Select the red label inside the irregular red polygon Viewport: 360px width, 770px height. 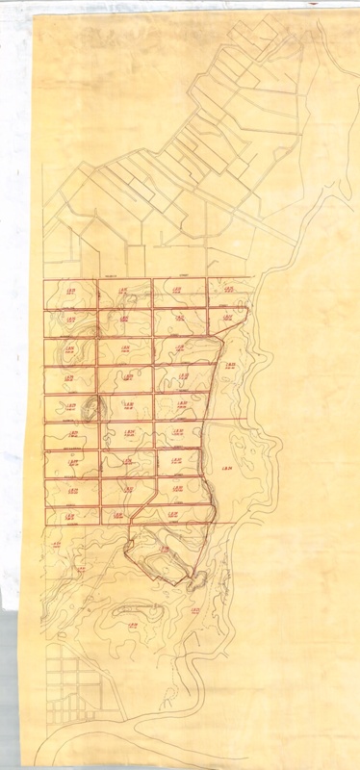click(166, 549)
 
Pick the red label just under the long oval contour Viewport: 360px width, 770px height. click(134, 624)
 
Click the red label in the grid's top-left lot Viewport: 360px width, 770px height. click(69, 288)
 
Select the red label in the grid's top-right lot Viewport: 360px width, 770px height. click(228, 288)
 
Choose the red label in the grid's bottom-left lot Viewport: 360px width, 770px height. click(69, 515)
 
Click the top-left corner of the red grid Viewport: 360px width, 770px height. click(44, 280)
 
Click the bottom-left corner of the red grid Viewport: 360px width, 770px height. click(44, 525)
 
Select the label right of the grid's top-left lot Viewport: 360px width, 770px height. click(123, 288)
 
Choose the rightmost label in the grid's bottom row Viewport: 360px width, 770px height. click(176, 515)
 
